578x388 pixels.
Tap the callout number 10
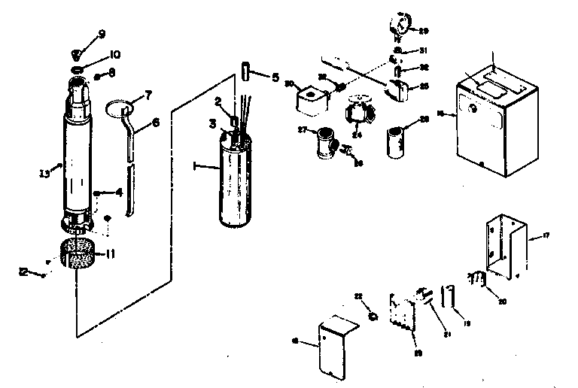(x=115, y=55)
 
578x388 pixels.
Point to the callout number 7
(x=149, y=95)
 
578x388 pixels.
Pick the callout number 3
(x=213, y=122)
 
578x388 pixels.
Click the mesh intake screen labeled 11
(x=78, y=254)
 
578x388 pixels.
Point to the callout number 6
(x=157, y=122)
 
